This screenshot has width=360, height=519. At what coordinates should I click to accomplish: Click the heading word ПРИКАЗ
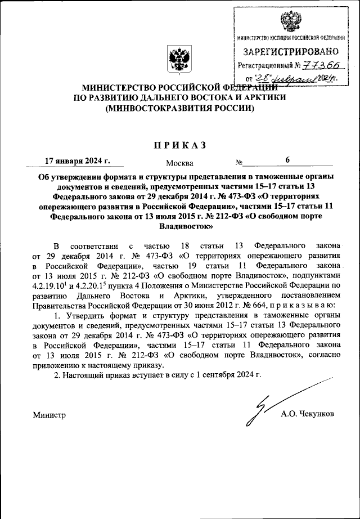180,145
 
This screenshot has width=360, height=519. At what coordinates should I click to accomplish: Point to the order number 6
287,160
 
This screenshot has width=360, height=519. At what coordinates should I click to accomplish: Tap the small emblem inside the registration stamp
291,21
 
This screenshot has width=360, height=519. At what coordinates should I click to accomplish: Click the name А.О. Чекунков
308,414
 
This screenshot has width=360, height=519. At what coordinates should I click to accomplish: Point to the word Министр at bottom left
49,415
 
